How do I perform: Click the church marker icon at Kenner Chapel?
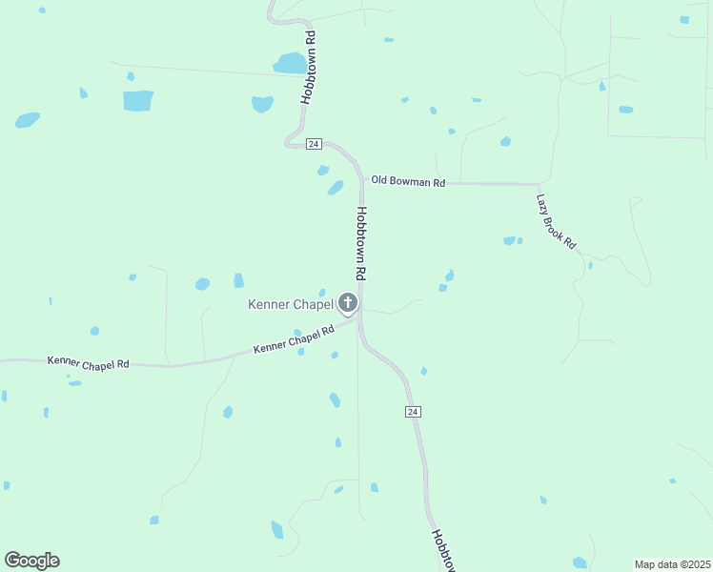click(348, 304)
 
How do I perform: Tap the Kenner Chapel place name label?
click(291, 305)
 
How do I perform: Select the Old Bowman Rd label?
click(408, 180)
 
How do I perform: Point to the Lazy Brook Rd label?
click(556, 222)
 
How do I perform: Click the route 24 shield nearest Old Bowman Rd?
click(315, 144)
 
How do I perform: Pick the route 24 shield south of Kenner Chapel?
click(412, 411)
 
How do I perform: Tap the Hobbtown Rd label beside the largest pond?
click(308, 67)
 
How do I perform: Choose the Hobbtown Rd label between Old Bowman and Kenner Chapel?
click(361, 243)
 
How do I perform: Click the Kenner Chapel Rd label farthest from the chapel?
click(88, 361)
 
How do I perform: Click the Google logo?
click(31, 561)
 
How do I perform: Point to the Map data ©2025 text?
click(672, 564)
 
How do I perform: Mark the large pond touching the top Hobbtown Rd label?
click(290, 63)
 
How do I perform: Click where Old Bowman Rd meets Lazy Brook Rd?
click(540, 184)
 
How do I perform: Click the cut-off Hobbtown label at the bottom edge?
click(444, 551)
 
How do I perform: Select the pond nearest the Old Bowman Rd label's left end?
click(335, 188)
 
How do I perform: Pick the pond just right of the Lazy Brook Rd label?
click(590, 265)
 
